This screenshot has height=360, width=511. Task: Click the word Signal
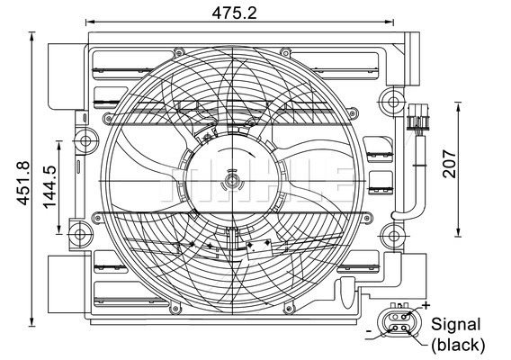[456, 325]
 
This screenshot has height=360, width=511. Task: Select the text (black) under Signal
[457, 344]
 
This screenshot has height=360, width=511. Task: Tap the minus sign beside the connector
[369, 332]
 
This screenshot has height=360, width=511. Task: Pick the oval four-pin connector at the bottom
[398, 322]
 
